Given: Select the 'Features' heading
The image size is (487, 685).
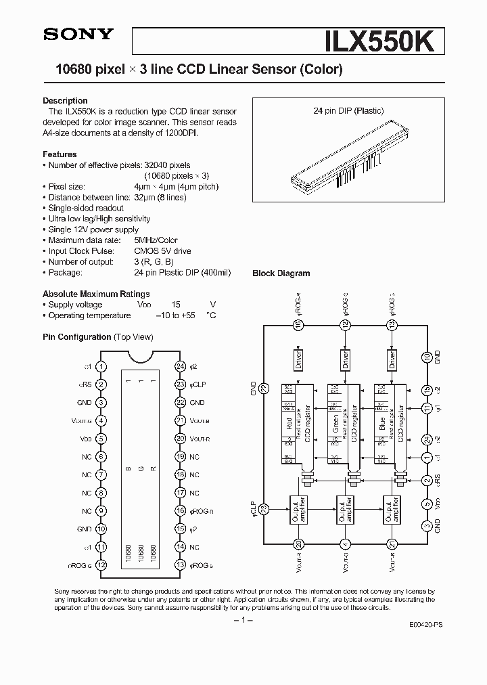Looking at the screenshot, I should coord(60,154).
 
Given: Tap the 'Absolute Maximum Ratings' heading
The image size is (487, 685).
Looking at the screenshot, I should coord(96,294).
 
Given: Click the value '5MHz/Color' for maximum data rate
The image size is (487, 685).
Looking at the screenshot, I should coord(156,240).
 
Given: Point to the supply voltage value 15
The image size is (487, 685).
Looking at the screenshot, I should coord(176,305).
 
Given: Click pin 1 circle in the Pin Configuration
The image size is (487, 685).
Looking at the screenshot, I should coord(101,366).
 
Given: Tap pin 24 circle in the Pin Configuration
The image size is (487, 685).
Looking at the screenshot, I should coord(180,366).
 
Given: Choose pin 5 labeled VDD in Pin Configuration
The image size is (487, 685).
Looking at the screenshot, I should coord(101,439).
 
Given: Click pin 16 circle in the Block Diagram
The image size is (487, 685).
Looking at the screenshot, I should coord(298,325).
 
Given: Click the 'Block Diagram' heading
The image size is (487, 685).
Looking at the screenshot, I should coord(281,273).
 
